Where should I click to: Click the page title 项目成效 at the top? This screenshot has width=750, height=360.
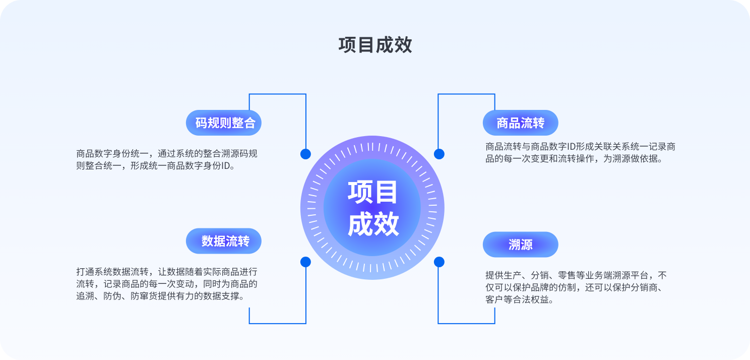click(375, 45)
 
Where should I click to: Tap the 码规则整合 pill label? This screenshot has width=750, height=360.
click(224, 123)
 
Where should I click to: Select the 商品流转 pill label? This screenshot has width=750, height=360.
click(520, 123)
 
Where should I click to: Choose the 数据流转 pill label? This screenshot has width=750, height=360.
click(224, 241)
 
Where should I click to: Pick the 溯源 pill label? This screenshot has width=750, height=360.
click(520, 245)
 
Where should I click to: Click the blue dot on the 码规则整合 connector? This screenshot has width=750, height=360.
click(305, 154)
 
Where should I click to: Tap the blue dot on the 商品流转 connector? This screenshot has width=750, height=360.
click(439, 154)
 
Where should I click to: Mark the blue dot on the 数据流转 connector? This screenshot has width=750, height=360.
click(305, 262)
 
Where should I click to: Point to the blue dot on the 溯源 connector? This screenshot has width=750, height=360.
click(439, 262)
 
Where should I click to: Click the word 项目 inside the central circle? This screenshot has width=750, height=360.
click(372, 193)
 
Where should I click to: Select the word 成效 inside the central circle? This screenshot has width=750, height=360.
click(372, 224)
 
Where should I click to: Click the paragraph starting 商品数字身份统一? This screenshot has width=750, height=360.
click(167, 159)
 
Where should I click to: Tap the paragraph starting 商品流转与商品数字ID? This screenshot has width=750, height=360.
click(580, 152)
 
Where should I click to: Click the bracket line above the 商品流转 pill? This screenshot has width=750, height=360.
click(466, 94)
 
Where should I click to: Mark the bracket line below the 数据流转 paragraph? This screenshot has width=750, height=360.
click(277, 323)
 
